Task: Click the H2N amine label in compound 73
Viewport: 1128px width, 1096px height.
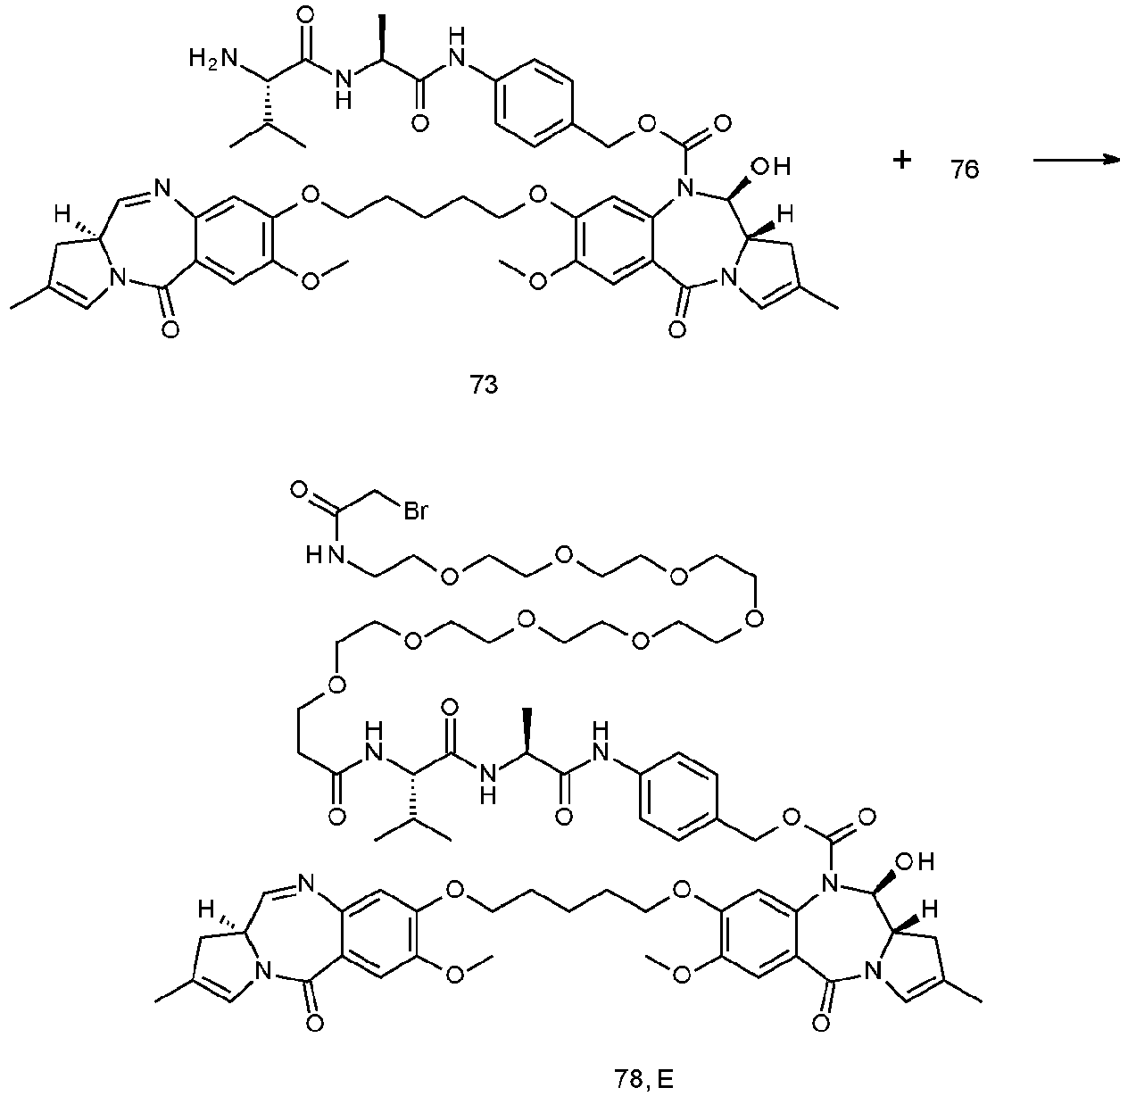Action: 213,59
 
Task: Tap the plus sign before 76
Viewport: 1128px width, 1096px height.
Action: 902,160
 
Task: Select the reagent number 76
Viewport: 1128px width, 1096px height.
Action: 965,170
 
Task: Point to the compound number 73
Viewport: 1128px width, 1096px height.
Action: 484,386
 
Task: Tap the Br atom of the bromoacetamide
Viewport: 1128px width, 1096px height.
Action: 415,511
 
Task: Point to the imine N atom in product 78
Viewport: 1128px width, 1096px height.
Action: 305,883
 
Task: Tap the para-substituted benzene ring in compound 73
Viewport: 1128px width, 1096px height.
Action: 534,104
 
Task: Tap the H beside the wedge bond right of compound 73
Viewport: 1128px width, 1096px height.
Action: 784,215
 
